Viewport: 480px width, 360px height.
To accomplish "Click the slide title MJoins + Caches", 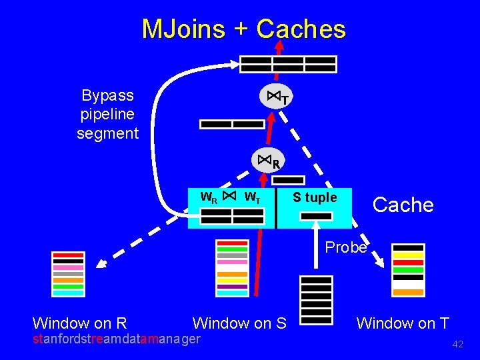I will point(243,29).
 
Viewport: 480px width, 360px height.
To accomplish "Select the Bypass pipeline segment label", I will point(107,114).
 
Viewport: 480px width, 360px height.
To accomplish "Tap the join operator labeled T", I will point(277,98).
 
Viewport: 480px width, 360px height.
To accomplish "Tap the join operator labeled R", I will point(269,161).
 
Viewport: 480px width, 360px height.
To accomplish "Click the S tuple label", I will point(315,197).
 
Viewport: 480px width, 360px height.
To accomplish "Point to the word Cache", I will point(403,205).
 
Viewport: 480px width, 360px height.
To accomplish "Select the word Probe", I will point(345,247).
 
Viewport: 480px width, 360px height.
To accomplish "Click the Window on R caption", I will point(79,323).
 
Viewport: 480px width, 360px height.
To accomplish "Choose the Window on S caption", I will point(239,323).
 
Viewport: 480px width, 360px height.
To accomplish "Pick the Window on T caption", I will point(403,323).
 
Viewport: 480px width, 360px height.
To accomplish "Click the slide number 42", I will point(457,345).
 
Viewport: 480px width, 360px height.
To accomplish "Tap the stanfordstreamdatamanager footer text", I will point(117,339).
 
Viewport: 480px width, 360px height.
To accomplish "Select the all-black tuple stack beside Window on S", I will point(316,299).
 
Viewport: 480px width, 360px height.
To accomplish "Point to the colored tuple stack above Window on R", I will point(69,274).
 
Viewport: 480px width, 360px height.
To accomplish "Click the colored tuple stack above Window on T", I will point(408,270).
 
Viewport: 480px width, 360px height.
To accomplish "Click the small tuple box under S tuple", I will point(316,216).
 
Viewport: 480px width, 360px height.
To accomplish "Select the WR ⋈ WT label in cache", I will point(231,197).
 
